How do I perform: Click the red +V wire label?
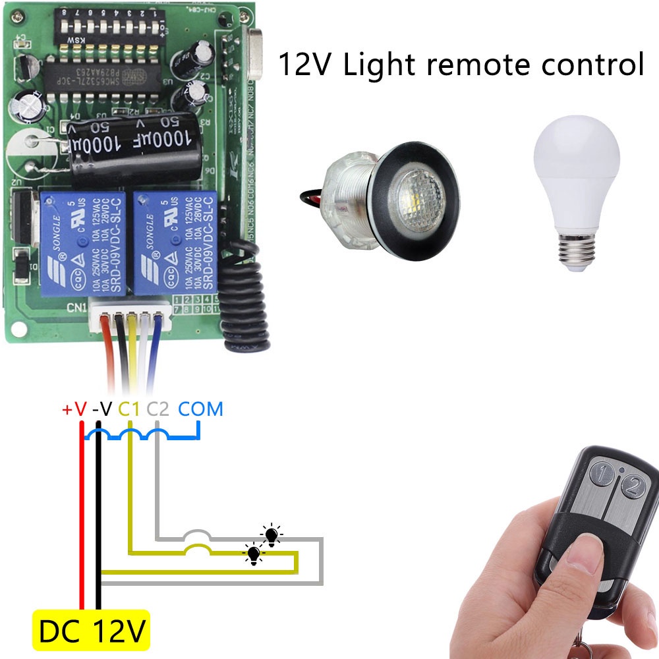[x=74, y=409]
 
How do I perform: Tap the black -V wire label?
[x=102, y=409]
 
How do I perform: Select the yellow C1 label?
[x=130, y=409]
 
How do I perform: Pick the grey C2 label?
[x=158, y=409]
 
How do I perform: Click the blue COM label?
[x=201, y=409]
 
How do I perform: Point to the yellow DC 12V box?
[x=92, y=631]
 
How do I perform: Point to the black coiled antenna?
[x=244, y=297]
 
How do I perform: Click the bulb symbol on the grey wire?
[x=271, y=536]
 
